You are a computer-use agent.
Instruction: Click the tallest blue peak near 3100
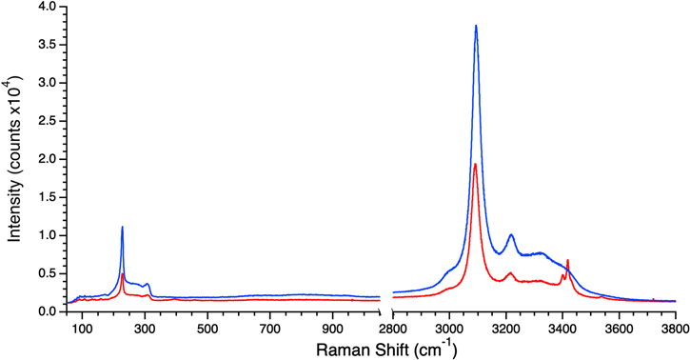click(x=476, y=26)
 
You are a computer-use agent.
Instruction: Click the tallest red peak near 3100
click(x=475, y=165)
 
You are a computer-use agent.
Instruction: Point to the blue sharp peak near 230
click(x=123, y=228)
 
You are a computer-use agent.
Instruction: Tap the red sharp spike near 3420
click(x=568, y=260)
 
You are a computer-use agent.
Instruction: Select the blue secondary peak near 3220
click(x=511, y=235)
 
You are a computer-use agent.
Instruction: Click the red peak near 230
click(x=123, y=274)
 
